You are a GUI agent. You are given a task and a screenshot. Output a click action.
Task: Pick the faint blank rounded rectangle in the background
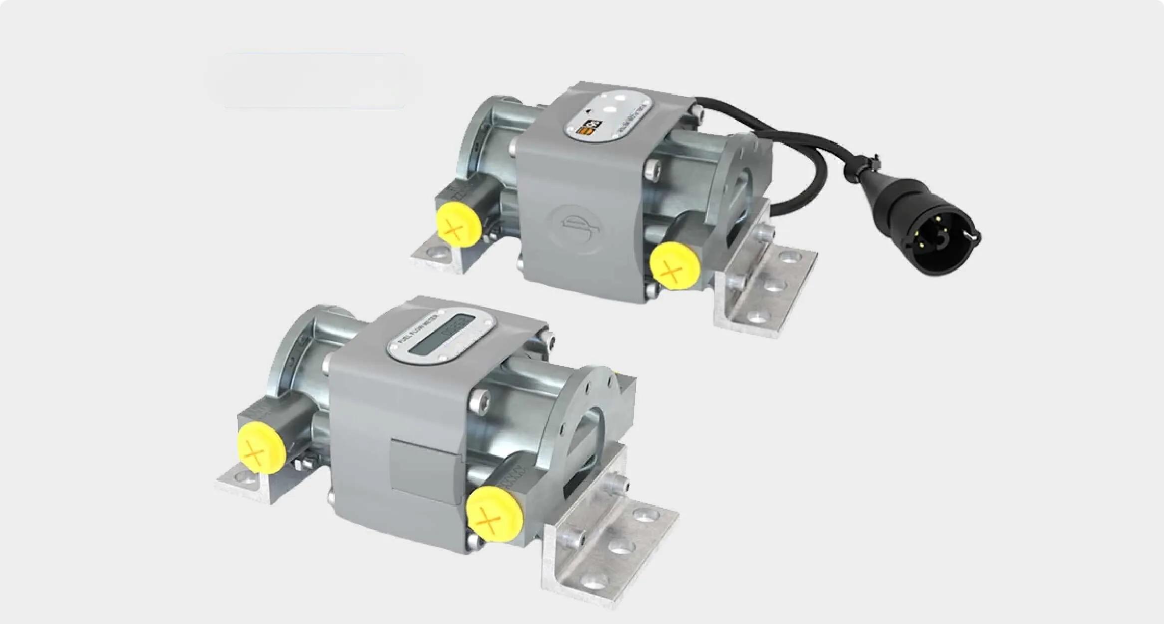click(x=314, y=80)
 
